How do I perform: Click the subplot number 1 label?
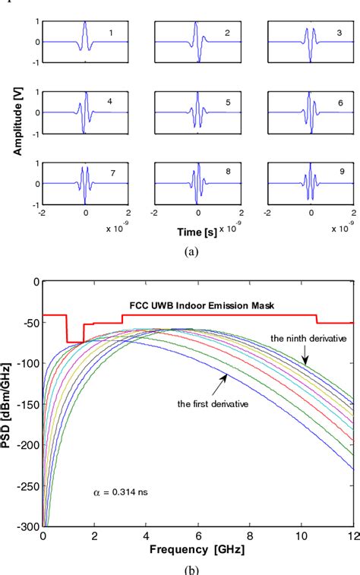111,33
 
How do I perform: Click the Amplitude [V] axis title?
16,112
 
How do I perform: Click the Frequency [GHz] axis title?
197,548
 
